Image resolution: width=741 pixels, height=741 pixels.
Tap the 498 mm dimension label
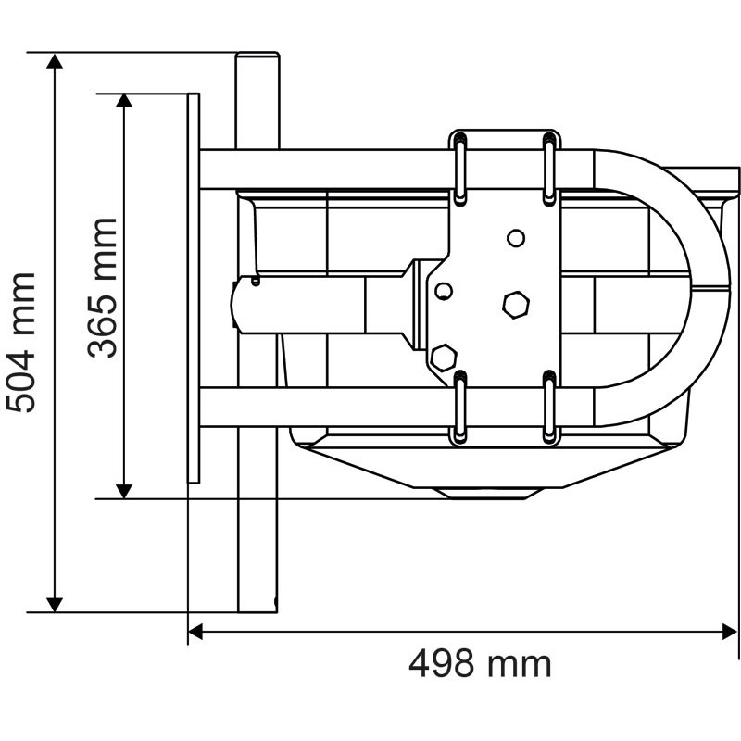pyautogui.click(x=480, y=663)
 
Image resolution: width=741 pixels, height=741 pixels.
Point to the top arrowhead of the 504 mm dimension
pyautogui.click(x=56, y=62)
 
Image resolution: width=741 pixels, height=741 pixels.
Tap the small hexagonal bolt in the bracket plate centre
pyautogui.click(x=515, y=303)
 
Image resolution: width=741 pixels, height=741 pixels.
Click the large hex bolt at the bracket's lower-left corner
pyautogui.click(x=445, y=356)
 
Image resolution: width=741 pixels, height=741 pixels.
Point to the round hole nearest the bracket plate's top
pyautogui.click(x=516, y=238)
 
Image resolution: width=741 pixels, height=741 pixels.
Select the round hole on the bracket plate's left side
pyautogui.click(x=444, y=292)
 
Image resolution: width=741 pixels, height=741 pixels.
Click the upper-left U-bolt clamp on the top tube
pyautogui.click(x=460, y=168)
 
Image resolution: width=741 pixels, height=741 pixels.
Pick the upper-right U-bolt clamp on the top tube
pyautogui.click(x=549, y=168)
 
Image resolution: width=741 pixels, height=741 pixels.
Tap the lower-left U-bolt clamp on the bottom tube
pyautogui.click(x=460, y=407)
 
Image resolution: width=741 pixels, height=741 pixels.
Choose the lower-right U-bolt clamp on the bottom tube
pyautogui.click(x=549, y=407)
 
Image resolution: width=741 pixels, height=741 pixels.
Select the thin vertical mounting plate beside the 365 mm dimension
pyautogui.click(x=194, y=287)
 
